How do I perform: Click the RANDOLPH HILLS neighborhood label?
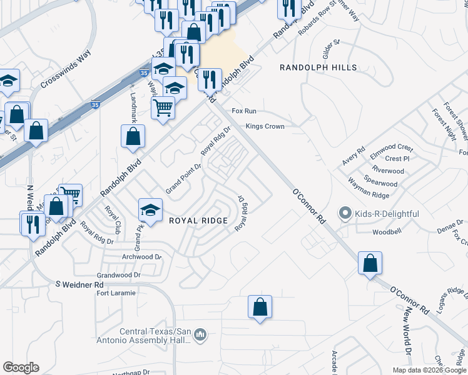coord(318,67)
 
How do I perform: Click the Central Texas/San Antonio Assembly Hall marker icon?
coord(200,336)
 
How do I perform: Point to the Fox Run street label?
coord(244,111)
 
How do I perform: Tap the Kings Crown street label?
coord(265,126)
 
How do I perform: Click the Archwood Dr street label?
coord(142,257)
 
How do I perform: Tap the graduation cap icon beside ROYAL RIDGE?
coord(150,209)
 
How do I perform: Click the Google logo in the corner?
coord(21,367)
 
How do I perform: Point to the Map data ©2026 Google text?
coord(429,370)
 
